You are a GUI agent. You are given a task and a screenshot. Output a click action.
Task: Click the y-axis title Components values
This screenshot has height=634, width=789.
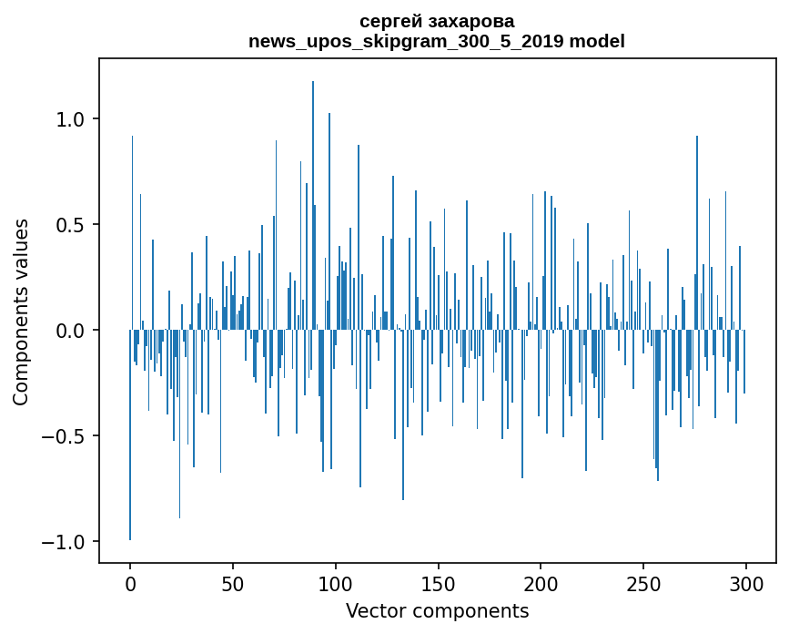point(21,312)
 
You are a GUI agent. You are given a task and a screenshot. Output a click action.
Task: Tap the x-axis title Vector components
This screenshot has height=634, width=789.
point(437,610)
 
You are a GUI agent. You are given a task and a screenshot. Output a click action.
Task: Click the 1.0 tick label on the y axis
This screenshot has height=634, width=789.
point(71,119)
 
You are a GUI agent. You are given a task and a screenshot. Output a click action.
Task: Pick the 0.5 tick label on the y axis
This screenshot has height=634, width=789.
point(71,225)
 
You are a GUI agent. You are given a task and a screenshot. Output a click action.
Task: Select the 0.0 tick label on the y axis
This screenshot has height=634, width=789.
point(71,331)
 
